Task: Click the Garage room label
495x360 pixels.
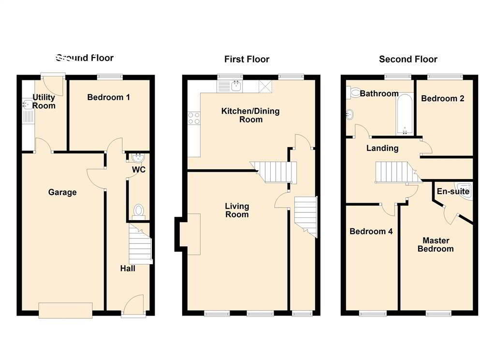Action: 62,192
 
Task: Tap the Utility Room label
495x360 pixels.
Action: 44,102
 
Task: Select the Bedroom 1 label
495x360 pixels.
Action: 108,97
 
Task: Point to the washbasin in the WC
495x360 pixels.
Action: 137,158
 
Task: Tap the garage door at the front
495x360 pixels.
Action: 65,310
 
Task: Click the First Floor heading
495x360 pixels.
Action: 247,59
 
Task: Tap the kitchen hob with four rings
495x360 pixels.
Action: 194,118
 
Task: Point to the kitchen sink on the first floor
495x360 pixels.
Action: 236,86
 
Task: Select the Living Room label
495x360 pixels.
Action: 237,210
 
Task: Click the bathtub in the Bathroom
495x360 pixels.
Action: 404,113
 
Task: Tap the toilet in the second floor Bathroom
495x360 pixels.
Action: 354,92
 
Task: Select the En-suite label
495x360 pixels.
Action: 453,192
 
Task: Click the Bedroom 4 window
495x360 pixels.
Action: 373,314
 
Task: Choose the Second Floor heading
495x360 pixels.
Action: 408,59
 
